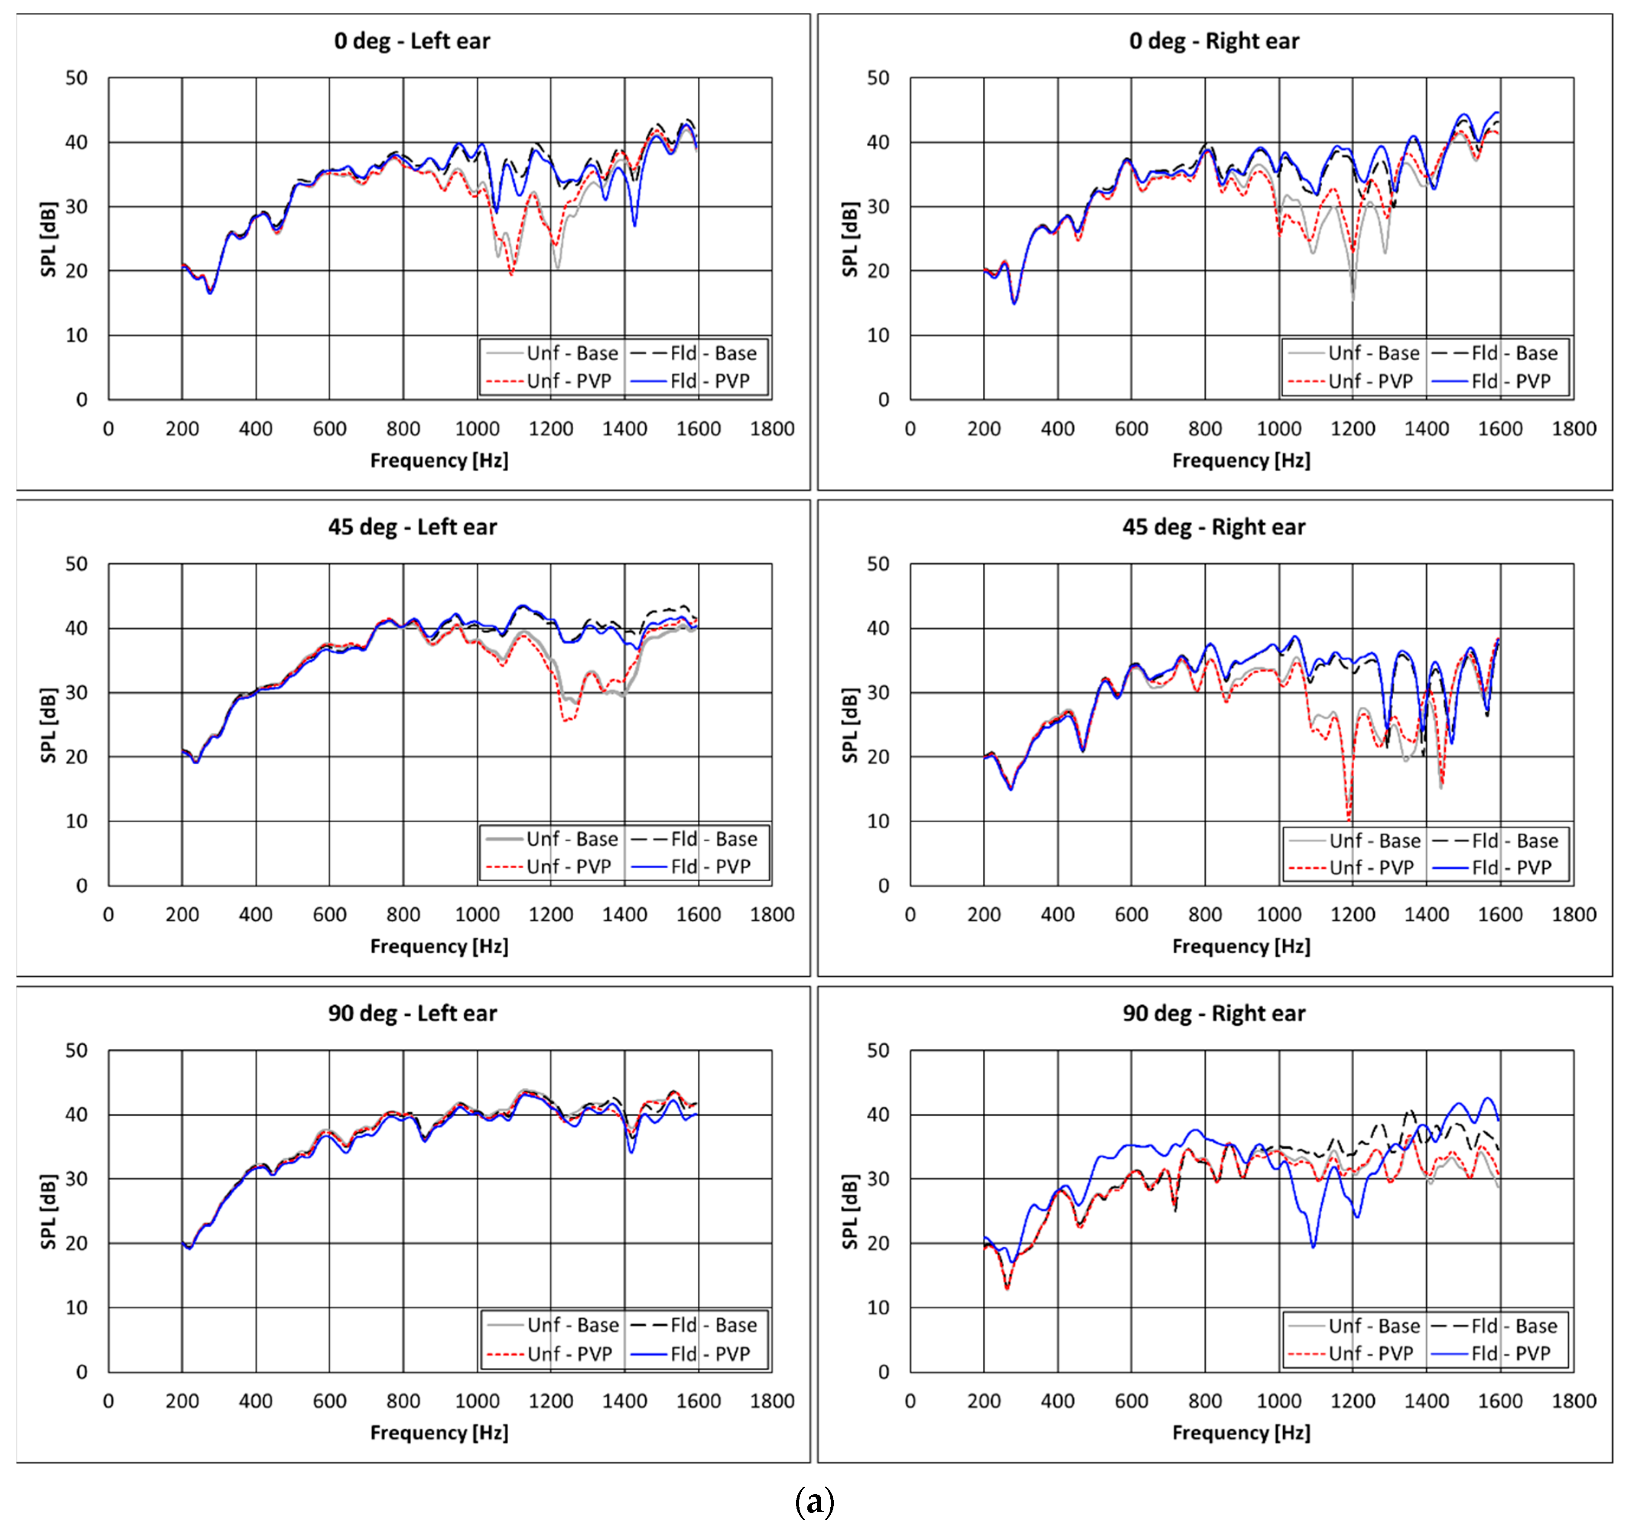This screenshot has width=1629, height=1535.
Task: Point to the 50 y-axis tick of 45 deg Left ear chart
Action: click(76, 564)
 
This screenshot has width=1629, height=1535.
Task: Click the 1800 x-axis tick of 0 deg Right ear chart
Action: click(1573, 429)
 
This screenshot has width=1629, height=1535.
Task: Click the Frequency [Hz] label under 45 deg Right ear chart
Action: click(1241, 947)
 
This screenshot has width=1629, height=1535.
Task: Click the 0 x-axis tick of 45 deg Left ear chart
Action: click(108, 915)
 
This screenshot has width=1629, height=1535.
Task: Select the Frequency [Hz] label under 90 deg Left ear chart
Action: click(439, 1433)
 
